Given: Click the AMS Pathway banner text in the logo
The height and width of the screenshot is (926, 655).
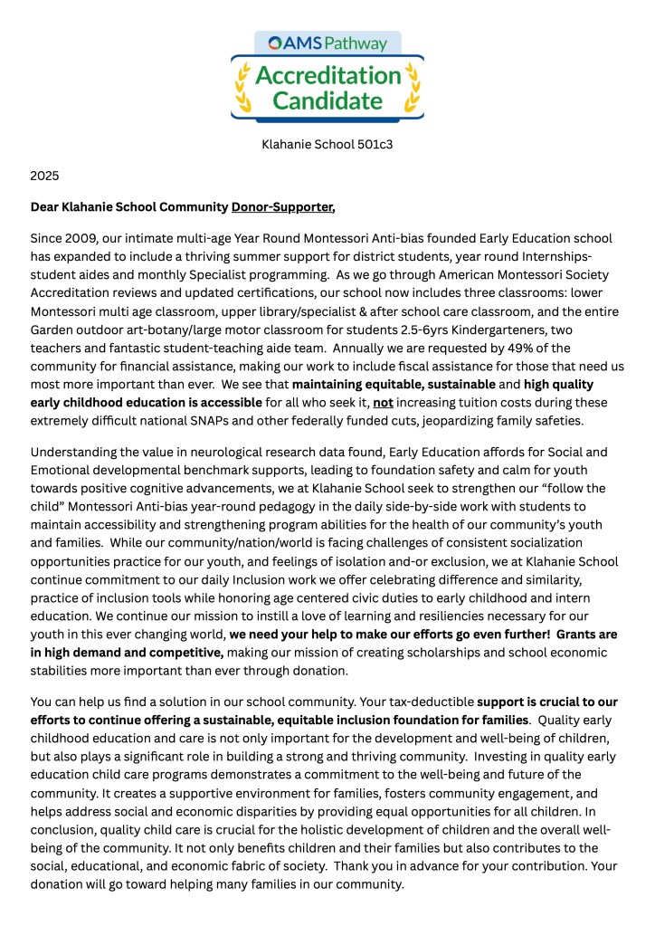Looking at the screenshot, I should [x=327, y=43].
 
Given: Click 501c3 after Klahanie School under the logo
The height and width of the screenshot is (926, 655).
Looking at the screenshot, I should [x=374, y=143].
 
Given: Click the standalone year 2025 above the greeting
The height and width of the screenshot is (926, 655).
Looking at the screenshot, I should [x=44, y=175].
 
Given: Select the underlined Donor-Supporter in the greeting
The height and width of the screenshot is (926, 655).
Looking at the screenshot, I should [x=282, y=207].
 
